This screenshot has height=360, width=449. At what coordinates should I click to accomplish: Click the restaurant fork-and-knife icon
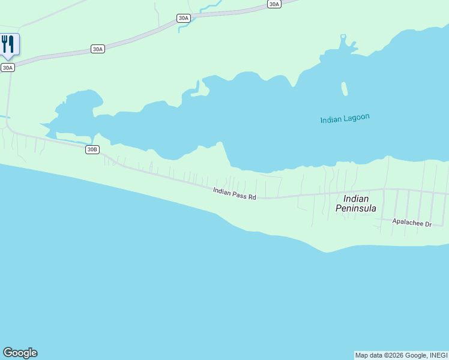click(x=8, y=44)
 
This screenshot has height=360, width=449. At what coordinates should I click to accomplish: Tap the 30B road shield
click(x=92, y=149)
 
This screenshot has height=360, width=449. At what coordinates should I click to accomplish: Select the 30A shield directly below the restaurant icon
click(x=7, y=67)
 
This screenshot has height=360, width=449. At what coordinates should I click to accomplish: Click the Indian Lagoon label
click(x=345, y=118)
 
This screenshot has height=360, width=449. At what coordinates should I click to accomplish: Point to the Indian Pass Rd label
click(x=235, y=193)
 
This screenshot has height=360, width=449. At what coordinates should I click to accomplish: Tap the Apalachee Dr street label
click(x=412, y=223)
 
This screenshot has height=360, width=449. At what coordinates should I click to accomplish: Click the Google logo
click(x=20, y=353)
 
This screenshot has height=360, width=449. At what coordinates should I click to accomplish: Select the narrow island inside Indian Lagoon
click(x=345, y=89)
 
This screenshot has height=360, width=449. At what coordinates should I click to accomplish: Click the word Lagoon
click(x=357, y=118)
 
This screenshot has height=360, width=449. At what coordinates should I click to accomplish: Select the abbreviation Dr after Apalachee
click(x=428, y=224)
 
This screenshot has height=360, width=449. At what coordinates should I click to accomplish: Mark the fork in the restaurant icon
click(x=4, y=43)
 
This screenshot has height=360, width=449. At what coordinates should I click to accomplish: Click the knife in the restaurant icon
click(x=11, y=43)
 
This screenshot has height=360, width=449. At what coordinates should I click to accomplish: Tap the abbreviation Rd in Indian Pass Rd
click(x=253, y=197)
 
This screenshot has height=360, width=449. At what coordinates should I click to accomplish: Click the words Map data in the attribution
click(x=369, y=355)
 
